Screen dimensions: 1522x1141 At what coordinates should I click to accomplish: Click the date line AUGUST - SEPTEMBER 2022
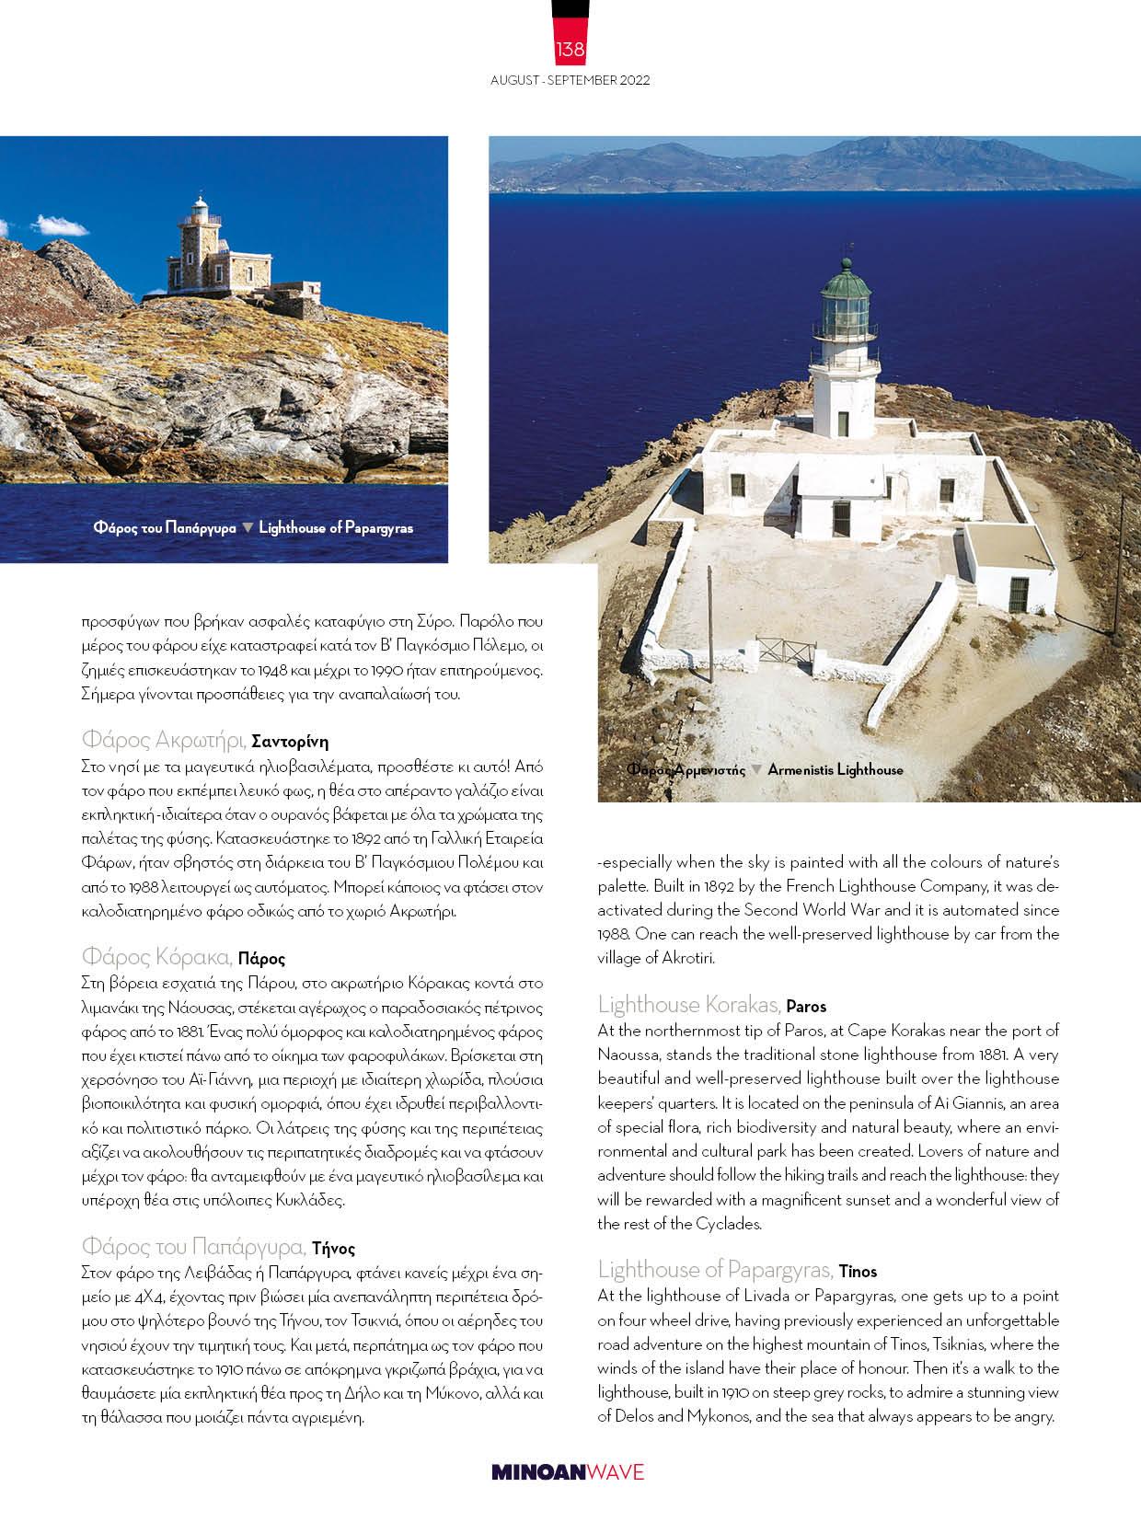(x=570, y=80)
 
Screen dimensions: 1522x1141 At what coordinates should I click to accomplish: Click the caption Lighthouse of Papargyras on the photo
(x=336, y=527)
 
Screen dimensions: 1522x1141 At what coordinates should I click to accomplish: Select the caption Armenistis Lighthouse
(x=835, y=769)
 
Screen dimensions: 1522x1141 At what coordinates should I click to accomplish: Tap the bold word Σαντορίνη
(x=290, y=741)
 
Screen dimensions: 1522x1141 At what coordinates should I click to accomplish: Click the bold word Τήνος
(x=333, y=1249)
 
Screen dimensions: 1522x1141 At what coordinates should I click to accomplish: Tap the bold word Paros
(x=807, y=1006)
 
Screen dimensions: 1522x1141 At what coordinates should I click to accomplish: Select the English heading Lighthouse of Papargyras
(x=715, y=1270)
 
